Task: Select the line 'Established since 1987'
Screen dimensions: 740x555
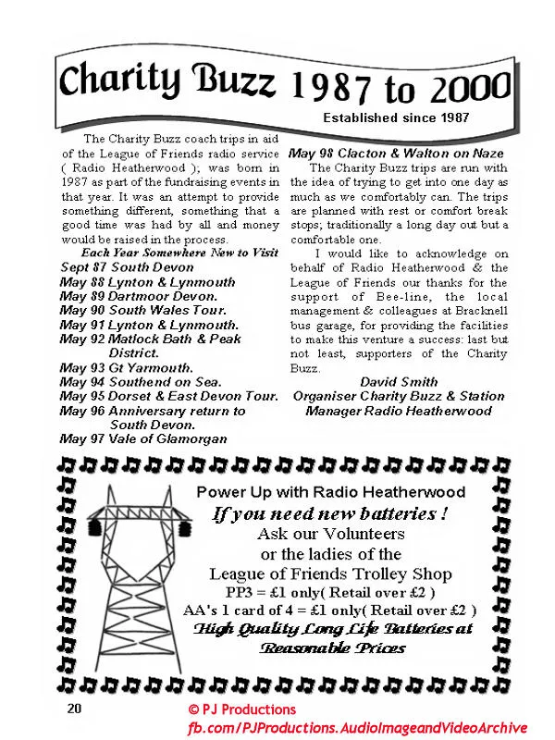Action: pos(395,117)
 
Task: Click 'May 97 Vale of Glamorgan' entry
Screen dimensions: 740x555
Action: pos(143,438)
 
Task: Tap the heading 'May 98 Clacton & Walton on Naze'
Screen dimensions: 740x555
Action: pos(400,153)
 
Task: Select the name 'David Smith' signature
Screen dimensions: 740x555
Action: pos(399,382)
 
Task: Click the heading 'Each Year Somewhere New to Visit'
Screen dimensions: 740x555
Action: pos(179,252)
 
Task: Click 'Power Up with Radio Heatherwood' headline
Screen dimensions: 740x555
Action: pos(330,492)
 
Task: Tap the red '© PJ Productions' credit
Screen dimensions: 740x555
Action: pos(241,709)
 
